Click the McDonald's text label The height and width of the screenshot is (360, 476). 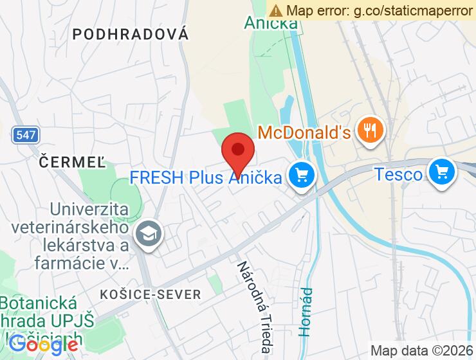pos(304,133)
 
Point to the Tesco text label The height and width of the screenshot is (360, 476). pos(399,174)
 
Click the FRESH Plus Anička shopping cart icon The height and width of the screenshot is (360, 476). pos(300,175)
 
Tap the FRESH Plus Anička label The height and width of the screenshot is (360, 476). pos(206,177)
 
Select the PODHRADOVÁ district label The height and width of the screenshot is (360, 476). pos(131,35)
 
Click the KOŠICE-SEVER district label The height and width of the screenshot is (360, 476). pos(151,294)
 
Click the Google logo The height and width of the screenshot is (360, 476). pos(44,344)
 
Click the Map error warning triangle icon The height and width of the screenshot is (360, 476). pos(276,10)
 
